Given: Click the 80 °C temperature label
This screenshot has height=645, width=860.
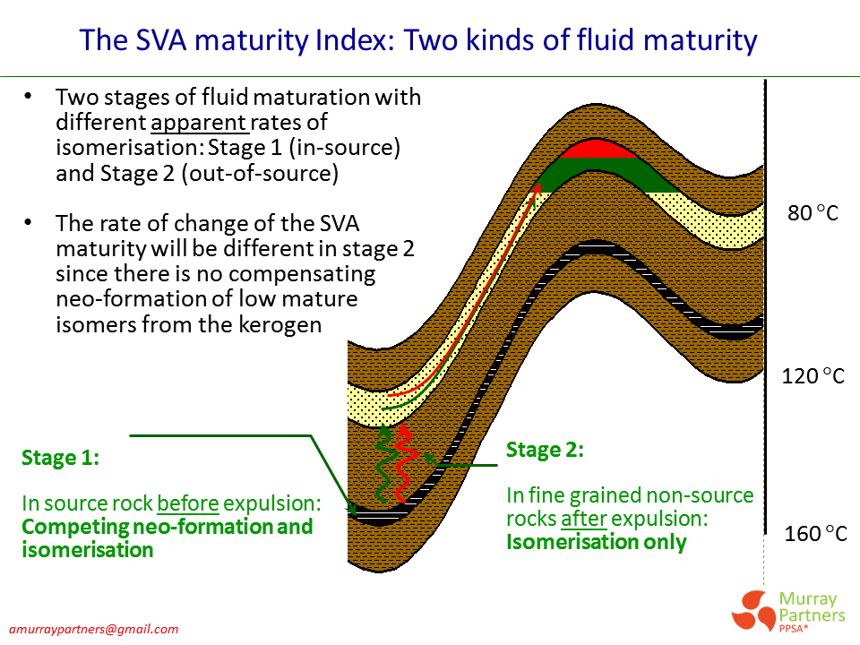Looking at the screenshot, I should [x=813, y=214].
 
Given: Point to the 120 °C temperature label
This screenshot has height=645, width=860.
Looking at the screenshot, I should [x=813, y=375].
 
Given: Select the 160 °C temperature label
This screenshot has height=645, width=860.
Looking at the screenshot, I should [x=814, y=535].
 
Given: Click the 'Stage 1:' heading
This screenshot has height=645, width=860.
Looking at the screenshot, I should [x=60, y=458].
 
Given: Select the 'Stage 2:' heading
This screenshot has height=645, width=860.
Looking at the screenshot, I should [x=545, y=450].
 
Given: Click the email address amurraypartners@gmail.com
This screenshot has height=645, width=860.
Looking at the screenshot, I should [x=94, y=629].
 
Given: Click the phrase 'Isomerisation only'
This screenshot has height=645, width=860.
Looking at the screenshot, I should [x=597, y=542].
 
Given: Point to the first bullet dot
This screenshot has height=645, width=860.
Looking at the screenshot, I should [x=30, y=97].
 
